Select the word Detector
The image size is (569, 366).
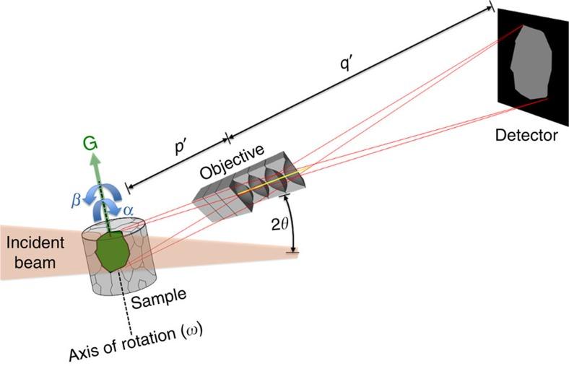pyautogui.click(x=528, y=134)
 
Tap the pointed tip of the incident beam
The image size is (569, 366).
pyautogui.click(x=296, y=253)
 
